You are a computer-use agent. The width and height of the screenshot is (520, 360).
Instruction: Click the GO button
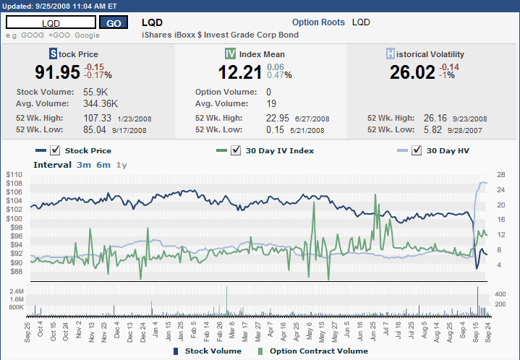114,22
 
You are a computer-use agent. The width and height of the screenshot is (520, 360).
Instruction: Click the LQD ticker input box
51,22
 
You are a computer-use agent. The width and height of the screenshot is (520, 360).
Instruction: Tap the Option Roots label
318,22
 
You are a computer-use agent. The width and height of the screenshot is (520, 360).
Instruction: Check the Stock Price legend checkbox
55,150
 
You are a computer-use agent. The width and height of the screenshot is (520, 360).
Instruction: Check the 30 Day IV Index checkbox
235,150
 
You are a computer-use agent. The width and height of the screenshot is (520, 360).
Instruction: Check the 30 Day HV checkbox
416,150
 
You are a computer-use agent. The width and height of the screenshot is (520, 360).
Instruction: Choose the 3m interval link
84,165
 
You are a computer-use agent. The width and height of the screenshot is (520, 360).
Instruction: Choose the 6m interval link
103,165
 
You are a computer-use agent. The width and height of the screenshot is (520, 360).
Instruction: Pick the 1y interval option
122,165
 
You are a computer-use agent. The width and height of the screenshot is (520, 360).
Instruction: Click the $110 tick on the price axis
14,175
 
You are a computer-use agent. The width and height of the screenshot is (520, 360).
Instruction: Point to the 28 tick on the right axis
500,175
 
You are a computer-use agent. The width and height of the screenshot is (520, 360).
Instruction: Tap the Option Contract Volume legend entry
318,351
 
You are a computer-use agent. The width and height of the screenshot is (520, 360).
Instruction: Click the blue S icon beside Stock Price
53,53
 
